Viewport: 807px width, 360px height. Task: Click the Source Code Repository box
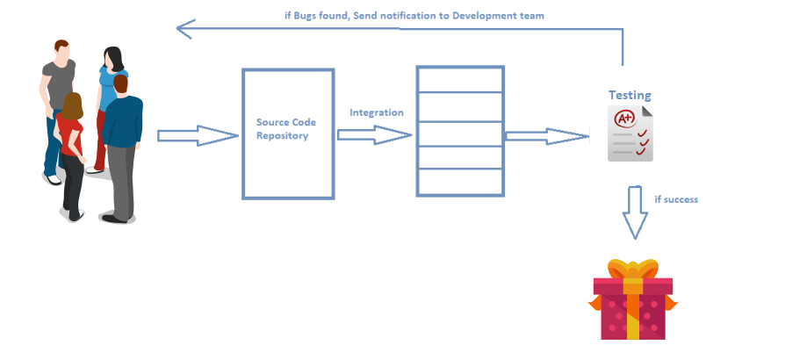coord(287,133)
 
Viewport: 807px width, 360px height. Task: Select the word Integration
coord(377,112)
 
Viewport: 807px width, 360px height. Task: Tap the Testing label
coord(630,95)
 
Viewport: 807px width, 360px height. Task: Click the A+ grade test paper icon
coord(630,133)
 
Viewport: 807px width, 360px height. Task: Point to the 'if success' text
coord(676,199)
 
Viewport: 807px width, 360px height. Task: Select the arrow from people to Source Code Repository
coord(198,135)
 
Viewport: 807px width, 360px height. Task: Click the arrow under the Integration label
coord(374,134)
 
